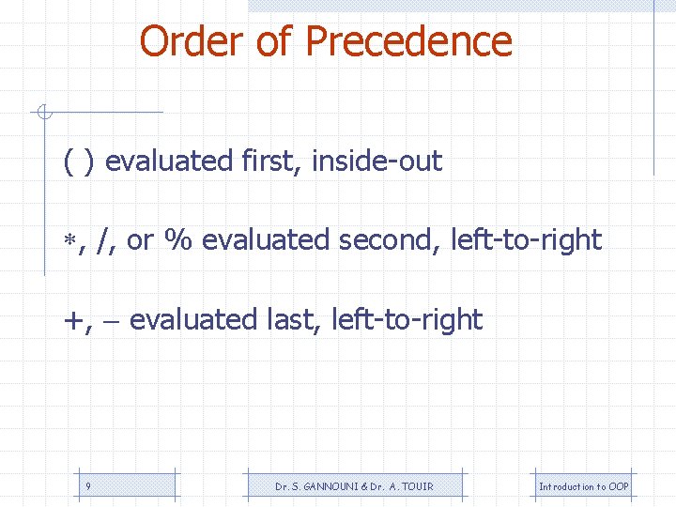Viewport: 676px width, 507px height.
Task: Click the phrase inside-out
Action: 376,161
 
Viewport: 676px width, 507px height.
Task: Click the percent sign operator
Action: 178,240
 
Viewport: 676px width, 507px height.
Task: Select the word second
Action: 390,240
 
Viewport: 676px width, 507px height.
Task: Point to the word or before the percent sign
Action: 139,241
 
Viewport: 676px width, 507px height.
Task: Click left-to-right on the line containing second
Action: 526,240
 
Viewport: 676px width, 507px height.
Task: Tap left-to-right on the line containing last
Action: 407,320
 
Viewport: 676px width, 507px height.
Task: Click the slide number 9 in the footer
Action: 87,486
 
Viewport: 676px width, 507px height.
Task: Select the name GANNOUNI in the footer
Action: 326,486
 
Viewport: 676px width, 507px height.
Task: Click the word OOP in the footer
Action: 618,486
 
